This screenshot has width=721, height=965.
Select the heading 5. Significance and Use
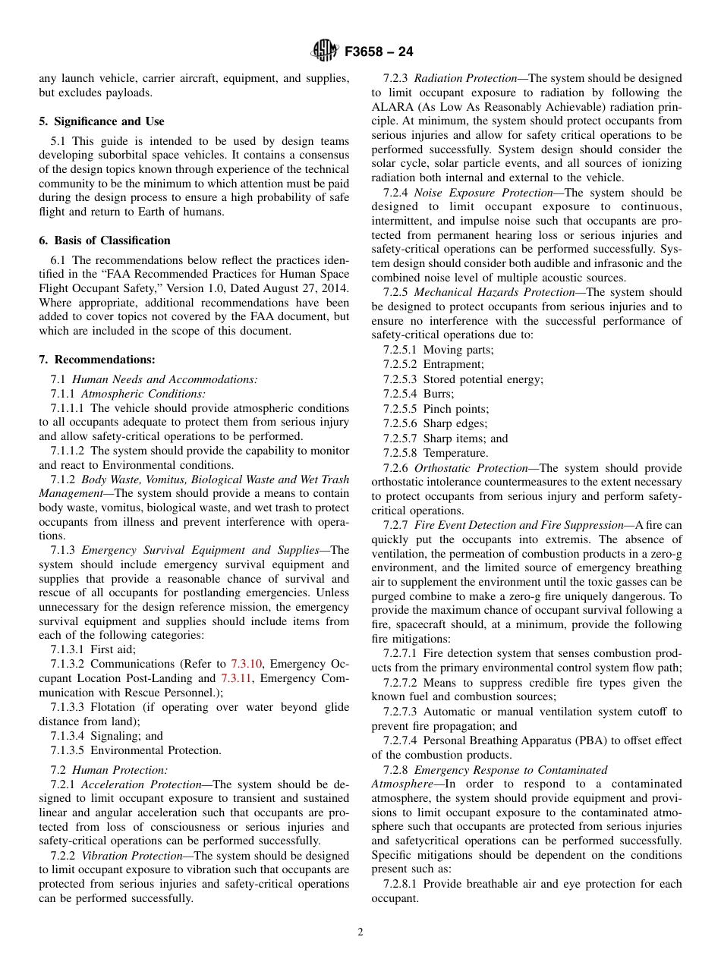(101, 121)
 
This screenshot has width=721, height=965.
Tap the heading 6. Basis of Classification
(104, 240)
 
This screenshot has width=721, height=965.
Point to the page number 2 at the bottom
(360, 932)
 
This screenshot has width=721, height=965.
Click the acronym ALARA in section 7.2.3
(393, 107)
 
